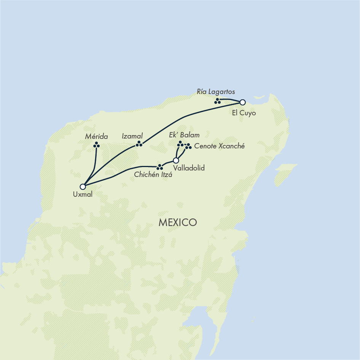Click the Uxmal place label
point(83,194)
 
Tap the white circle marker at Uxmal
point(83,186)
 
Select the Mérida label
point(97,136)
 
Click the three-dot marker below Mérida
point(97,145)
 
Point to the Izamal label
point(132,136)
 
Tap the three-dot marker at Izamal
point(139,144)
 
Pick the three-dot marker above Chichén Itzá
point(160,167)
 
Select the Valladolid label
point(189,168)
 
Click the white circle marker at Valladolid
point(176,160)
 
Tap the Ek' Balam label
point(184,135)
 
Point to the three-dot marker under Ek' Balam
point(180,144)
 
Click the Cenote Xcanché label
point(219,146)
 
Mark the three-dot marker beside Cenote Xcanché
point(188,146)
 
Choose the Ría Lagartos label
point(216,92)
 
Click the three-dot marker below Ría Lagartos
point(217,101)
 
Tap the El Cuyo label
point(244,113)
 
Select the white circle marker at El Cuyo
point(242,102)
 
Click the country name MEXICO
point(178,223)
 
